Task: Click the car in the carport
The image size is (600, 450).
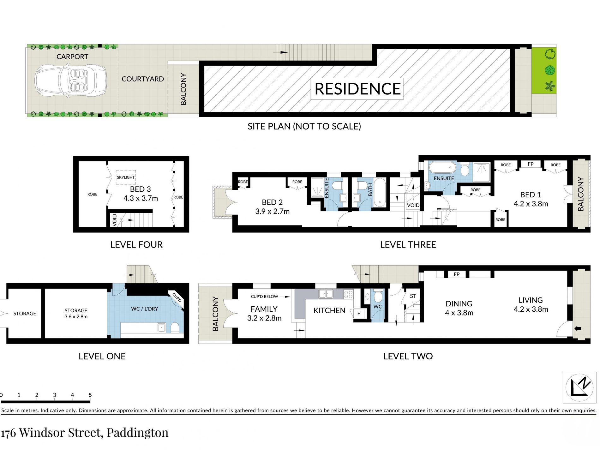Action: click(x=70, y=81)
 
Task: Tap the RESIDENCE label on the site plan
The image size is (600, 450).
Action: click(x=357, y=89)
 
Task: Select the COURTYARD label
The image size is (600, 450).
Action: click(x=143, y=79)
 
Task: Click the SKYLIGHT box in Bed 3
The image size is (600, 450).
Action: click(x=126, y=177)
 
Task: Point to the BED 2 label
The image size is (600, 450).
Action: click(x=272, y=202)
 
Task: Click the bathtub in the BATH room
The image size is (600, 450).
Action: click(x=380, y=192)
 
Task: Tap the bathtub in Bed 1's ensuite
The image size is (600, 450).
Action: click(x=442, y=167)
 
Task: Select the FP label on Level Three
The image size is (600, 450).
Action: click(x=531, y=164)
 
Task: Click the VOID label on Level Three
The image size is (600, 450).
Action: click(x=413, y=205)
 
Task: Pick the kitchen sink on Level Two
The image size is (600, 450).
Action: click(x=326, y=294)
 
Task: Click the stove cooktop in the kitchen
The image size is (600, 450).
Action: click(x=348, y=294)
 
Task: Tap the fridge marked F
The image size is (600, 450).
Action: click(x=359, y=314)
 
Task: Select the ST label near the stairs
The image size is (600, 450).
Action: click(x=413, y=296)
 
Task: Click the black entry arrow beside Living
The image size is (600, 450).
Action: click(x=578, y=329)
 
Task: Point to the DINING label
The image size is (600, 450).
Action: click(x=459, y=304)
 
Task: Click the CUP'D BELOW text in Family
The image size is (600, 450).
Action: click(x=264, y=297)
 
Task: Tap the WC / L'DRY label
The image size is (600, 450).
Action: click(x=145, y=309)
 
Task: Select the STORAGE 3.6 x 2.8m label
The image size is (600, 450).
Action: click(x=76, y=314)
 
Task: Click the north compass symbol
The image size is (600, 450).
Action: click(x=579, y=387)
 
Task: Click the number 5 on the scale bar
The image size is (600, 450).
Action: click(x=90, y=395)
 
